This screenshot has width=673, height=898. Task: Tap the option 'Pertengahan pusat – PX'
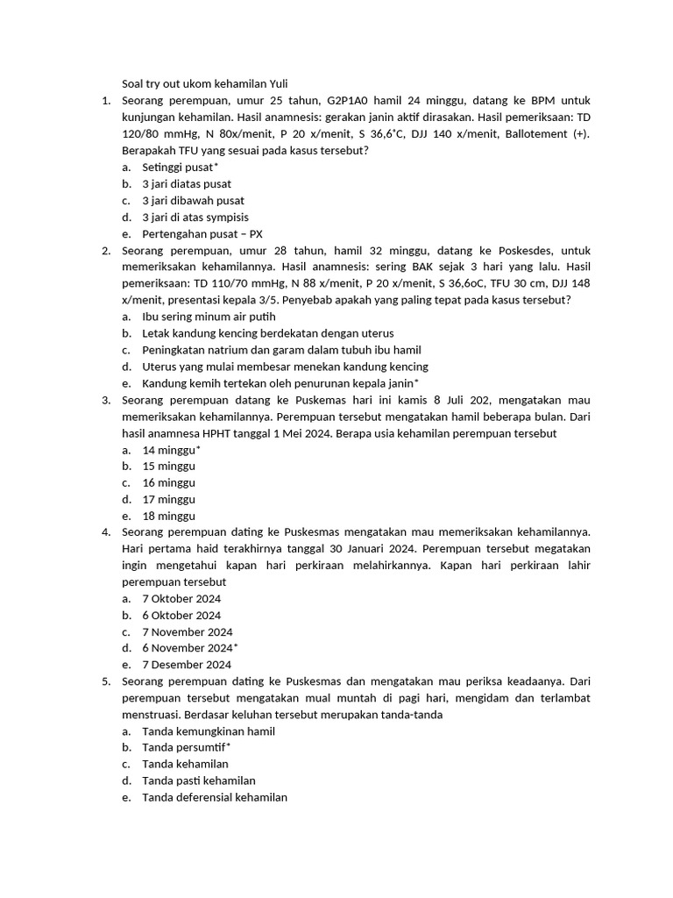tap(202, 233)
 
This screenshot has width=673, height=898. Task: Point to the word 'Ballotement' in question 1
tap(536, 134)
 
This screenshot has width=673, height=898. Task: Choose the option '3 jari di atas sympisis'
tap(195, 217)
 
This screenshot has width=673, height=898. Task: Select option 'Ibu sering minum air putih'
tap(209, 317)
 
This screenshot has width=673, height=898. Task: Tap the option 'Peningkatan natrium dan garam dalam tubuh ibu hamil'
tap(281, 350)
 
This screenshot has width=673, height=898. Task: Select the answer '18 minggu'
tap(168, 516)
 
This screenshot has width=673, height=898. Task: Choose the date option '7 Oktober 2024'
tap(181, 599)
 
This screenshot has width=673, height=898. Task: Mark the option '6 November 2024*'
tap(189, 648)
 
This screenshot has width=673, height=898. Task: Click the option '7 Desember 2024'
tap(187, 665)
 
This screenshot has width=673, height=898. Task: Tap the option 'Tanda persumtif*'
tap(186, 747)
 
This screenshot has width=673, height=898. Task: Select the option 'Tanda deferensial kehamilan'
tap(214, 797)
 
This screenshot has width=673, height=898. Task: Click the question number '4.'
tap(105, 532)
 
